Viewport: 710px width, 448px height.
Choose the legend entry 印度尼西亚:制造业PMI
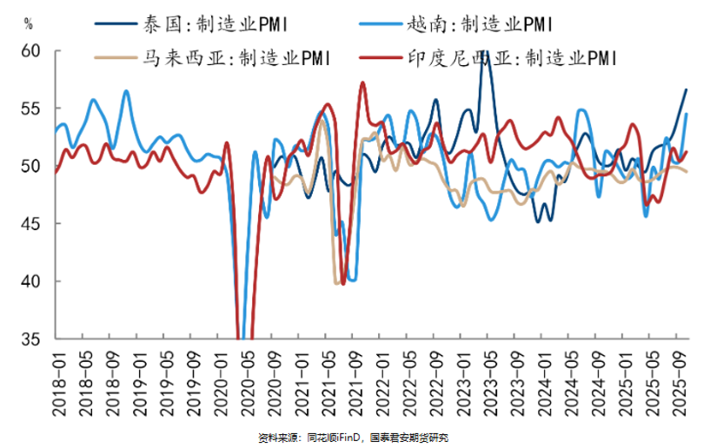click(x=513, y=58)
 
